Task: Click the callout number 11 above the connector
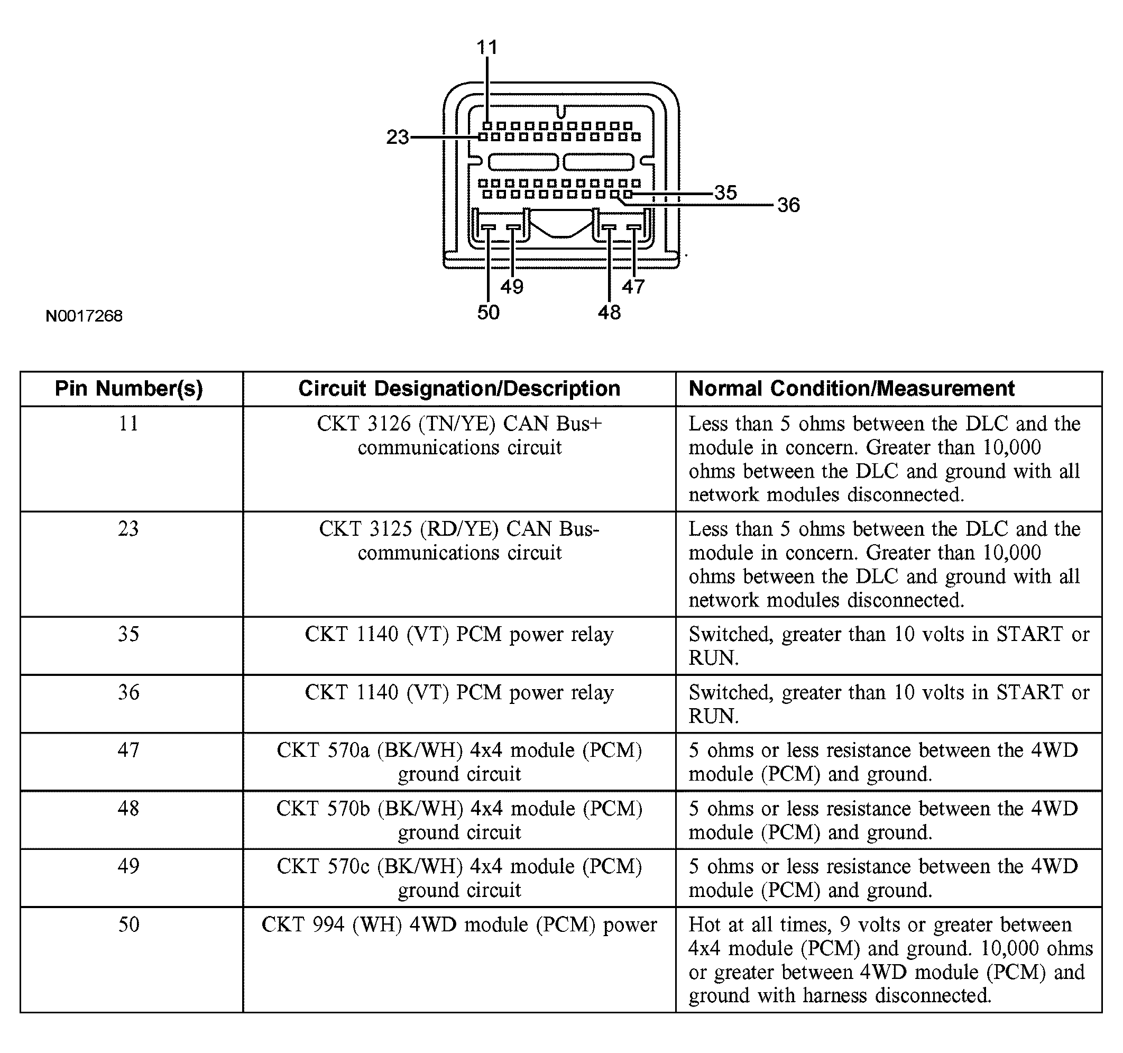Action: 487,48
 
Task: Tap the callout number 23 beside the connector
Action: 397,138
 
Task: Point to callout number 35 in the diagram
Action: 725,193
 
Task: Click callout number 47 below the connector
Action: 633,287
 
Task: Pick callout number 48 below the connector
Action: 609,313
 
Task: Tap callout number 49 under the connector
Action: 512,287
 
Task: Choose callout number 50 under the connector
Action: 488,313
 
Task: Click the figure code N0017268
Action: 84,316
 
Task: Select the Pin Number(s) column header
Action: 129,389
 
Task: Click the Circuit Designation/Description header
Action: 459,389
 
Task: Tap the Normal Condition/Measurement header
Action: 851,389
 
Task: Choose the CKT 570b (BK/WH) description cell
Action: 459,820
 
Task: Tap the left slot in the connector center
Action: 523,162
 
